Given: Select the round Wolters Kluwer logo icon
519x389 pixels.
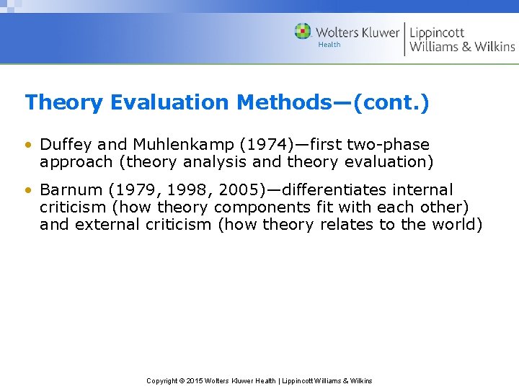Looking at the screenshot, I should point(303,32).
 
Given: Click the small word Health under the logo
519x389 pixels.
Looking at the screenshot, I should point(329,45).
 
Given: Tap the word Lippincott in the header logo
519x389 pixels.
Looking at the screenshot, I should point(437,32).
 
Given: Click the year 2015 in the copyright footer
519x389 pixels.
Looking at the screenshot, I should point(196,380).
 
